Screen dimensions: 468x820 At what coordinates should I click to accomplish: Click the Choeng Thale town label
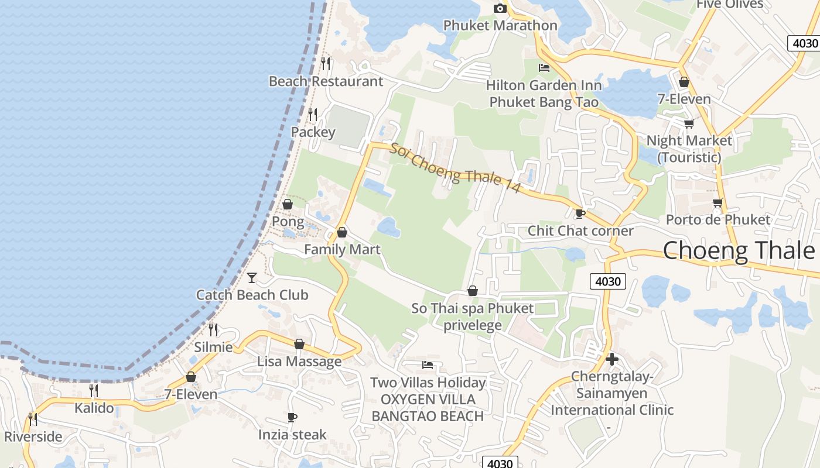click(x=739, y=250)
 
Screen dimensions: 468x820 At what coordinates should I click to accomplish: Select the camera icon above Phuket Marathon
click(x=500, y=8)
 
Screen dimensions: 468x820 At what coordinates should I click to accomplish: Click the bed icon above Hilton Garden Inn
click(x=544, y=68)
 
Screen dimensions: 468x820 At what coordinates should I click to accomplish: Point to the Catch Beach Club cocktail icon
click(x=252, y=277)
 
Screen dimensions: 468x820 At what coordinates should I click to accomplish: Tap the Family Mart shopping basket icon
click(x=342, y=233)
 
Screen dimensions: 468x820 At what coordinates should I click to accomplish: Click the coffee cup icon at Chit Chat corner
click(x=580, y=214)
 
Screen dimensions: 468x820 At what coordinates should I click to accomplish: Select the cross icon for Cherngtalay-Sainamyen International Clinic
click(x=612, y=359)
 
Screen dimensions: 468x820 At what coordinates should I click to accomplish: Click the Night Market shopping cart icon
click(x=689, y=123)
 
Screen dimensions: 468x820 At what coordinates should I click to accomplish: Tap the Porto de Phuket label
click(x=718, y=220)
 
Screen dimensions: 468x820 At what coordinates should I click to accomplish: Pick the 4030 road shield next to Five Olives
click(x=803, y=43)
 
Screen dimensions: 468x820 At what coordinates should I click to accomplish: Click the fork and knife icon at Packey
click(x=313, y=115)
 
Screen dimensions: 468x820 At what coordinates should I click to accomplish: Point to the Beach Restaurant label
click(x=326, y=81)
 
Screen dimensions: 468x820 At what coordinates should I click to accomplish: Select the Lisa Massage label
click(x=299, y=362)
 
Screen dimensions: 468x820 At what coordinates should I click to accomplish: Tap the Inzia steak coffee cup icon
click(x=292, y=417)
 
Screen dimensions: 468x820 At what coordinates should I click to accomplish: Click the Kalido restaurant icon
click(x=94, y=390)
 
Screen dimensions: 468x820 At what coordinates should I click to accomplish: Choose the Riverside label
click(x=33, y=436)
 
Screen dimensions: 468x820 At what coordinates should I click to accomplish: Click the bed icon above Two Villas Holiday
click(x=428, y=366)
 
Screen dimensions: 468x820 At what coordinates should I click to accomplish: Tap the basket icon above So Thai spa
click(x=473, y=291)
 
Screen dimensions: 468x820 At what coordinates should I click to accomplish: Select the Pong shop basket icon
click(x=288, y=204)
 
